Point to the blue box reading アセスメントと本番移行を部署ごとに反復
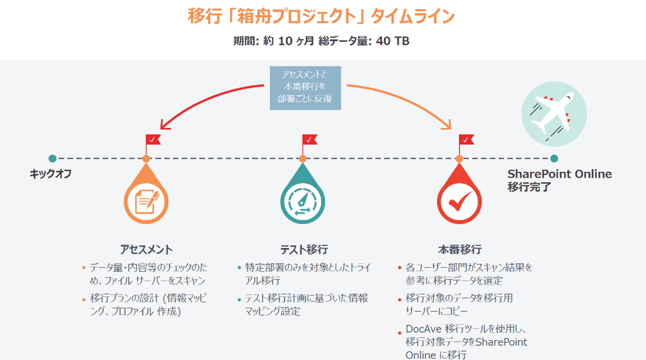point(305,87)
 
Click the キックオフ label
point(50,174)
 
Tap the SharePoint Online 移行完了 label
point(559,180)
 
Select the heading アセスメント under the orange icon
point(146,249)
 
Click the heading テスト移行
point(303,249)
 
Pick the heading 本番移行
point(459,249)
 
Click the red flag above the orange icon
point(153,139)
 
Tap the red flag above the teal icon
point(309,139)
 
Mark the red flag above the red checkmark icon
point(466,139)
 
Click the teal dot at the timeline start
point(52,159)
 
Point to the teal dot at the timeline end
point(554,159)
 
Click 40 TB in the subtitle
point(392,41)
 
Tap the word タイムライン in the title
point(421,16)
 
